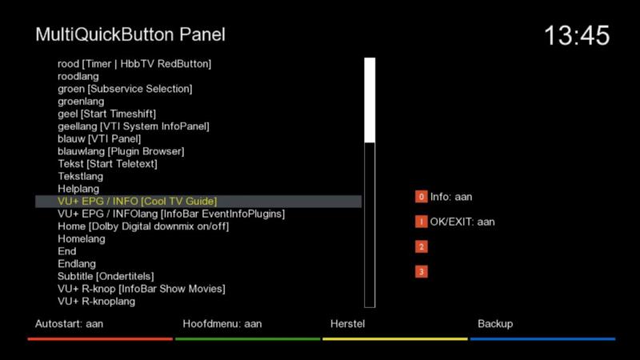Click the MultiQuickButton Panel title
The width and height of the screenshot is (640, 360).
click(130, 34)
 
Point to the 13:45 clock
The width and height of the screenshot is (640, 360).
click(577, 35)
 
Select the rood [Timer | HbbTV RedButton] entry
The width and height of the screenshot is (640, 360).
click(134, 64)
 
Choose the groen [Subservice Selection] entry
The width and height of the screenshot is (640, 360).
click(125, 89)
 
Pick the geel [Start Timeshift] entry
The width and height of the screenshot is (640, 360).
click(106, 114)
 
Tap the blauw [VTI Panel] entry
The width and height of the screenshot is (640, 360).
click(99, 138)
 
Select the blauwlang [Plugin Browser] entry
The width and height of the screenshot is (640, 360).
click(121, 151)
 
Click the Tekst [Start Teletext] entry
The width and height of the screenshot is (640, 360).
click(107, 164)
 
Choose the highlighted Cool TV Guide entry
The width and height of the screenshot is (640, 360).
click(137, 202)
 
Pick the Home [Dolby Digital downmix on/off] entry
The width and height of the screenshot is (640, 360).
click(143, 226)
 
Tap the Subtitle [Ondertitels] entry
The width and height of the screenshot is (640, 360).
click(106, 276)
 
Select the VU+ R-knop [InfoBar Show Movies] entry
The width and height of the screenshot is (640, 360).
click(142, 289)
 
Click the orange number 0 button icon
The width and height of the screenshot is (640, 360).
click(422, 197)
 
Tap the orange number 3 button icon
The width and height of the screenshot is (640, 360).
click(422, 272)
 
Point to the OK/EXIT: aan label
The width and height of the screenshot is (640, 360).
click(462, 222)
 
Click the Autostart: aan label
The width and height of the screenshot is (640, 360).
click(69, 324)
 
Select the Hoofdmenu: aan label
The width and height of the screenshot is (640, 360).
click(222, 324)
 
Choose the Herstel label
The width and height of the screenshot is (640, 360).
click(347, 324)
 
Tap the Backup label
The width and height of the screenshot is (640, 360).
click(495, 324)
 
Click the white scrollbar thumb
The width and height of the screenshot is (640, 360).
click(370, 101)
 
